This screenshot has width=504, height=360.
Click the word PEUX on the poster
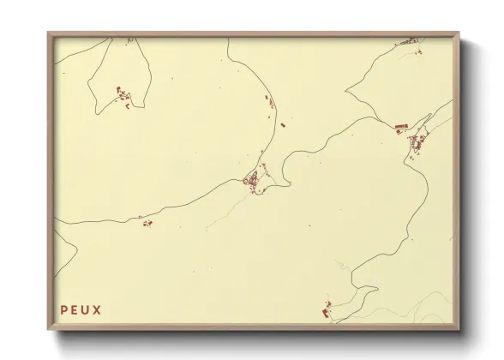click(x=81, y=309)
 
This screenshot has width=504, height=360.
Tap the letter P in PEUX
click(x=63, y=309)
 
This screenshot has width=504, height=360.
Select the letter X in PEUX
click(x=97, y=309)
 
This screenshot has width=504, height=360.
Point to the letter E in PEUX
click(x=74, y=309)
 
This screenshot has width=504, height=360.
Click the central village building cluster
click(x=254, y=181)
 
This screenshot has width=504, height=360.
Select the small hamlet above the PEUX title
click(x=147, y=223)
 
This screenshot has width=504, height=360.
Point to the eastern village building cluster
click(x=417, y=141)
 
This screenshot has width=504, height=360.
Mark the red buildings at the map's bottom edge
click(x=326, y=309)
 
